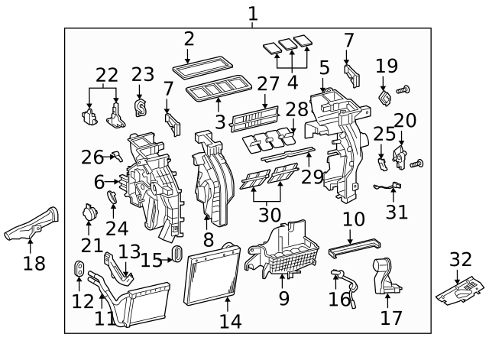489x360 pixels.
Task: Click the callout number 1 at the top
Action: tap(253, 13)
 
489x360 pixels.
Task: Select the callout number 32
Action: tap(461, 260)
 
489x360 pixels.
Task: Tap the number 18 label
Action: tap(34, 264)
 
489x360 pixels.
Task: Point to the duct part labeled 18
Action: tap(34, 225)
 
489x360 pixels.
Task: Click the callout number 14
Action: tap(230, 322)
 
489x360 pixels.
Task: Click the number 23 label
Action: tap(142, 75)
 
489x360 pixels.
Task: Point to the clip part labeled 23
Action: tap(141, 107)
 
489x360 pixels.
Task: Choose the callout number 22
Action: tap(107, 75)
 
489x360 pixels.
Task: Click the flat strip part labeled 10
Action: tap(352, 248)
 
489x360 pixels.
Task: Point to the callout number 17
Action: tap(390, 316)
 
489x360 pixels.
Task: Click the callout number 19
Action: tap(387, 66)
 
